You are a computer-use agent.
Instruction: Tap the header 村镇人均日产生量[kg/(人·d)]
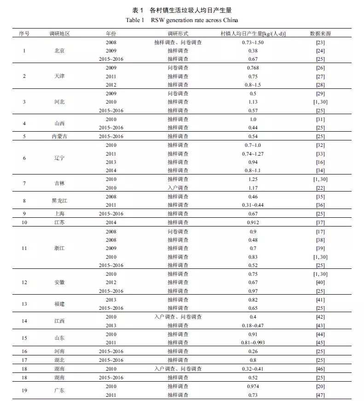(253, 34)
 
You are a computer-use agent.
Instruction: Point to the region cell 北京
(59, 51)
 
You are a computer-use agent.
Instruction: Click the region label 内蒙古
(59, 136)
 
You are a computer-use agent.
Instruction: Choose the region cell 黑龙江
(59, 201)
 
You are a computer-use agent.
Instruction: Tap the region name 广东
(59, 391)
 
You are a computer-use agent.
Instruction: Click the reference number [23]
(320, 42)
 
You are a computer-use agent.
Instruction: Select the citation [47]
(320, 395)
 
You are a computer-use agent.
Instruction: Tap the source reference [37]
(320, 222)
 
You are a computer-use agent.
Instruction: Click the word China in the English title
(230, 20)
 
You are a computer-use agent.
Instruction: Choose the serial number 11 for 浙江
(24, 248)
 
